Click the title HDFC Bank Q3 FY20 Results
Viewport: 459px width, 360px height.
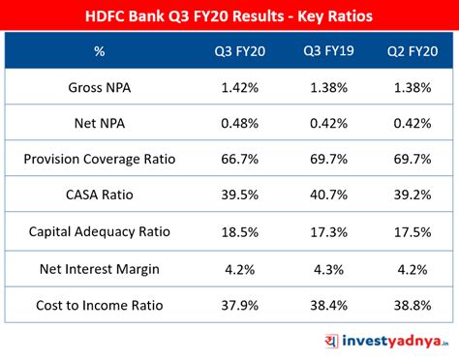[x=229, y=16]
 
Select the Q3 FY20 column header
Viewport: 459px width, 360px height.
[x=239, y=50]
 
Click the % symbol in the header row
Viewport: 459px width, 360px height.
[x=99, y=50]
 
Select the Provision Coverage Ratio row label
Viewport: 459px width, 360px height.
[x=99, y=159]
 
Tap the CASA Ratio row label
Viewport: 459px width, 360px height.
[x=99, y=195]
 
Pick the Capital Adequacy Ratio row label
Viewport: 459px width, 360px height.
[x=99, y=232]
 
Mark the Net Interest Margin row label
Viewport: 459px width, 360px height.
[x=99, y=268]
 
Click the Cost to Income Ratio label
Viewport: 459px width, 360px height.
[x=99, y=305]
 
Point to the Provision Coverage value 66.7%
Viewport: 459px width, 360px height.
[x=239, y=159]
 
